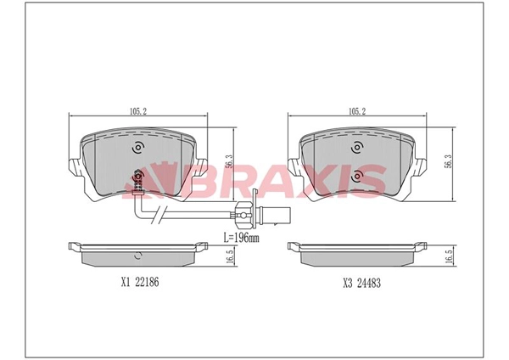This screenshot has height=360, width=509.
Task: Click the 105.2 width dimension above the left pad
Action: point(138,111)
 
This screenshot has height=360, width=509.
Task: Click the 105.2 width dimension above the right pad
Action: point(357,111)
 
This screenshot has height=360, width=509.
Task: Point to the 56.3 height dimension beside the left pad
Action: point(230,161)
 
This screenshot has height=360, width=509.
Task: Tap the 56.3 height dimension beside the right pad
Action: point(449,161)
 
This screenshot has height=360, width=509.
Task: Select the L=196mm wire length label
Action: point(242,238)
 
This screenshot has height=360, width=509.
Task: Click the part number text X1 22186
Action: point(140,282)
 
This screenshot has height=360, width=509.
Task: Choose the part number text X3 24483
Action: point(362,284)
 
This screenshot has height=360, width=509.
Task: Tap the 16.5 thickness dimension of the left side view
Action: point(230,257)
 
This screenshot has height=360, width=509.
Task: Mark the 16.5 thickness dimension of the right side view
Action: point(450,257)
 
